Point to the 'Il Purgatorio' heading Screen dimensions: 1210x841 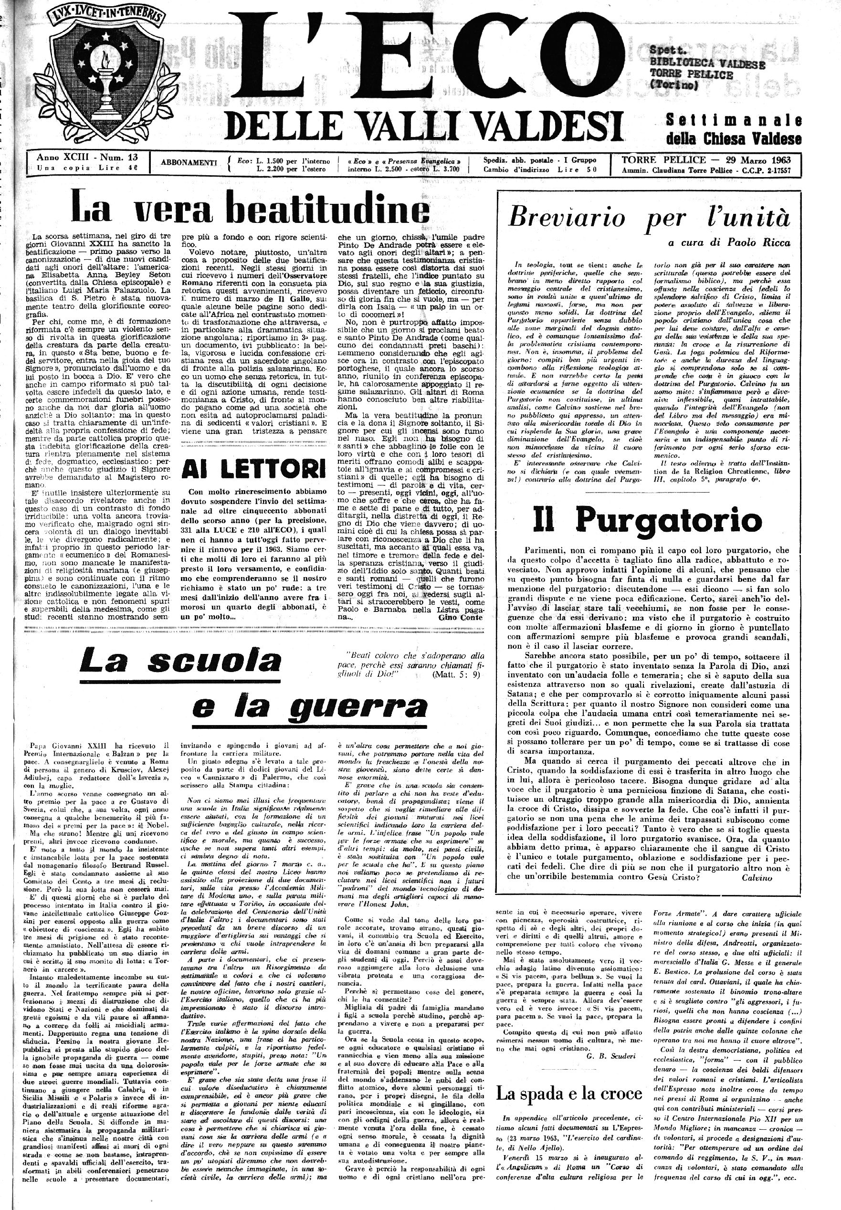click(647, 520)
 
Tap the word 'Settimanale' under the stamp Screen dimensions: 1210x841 click(734, 120)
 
